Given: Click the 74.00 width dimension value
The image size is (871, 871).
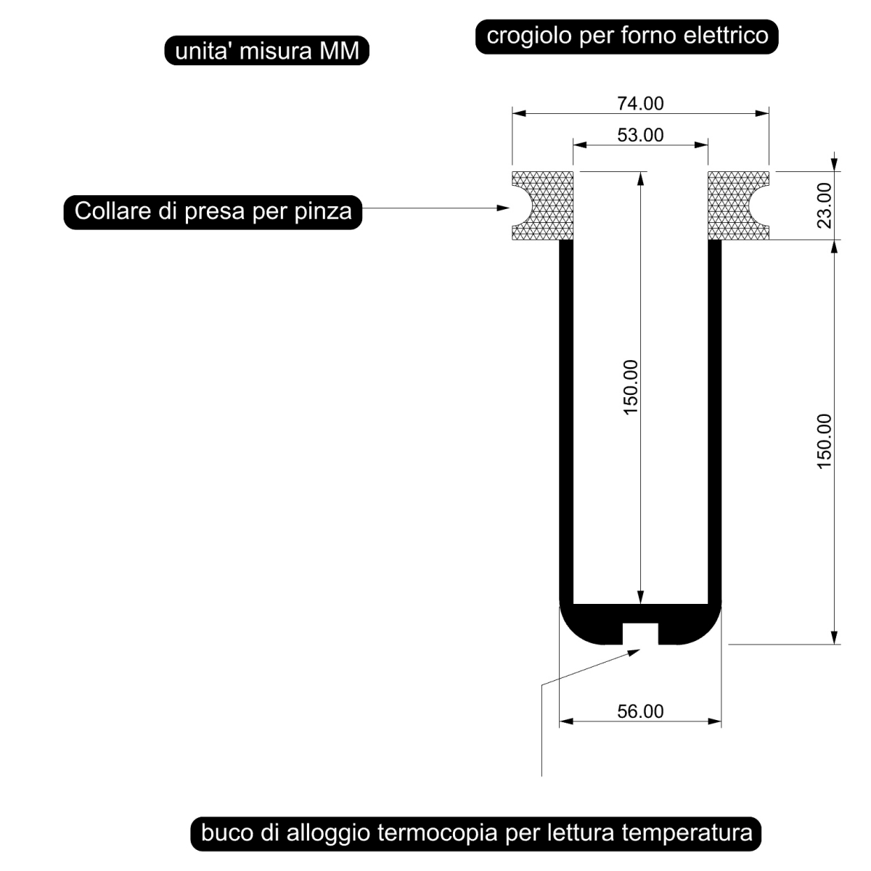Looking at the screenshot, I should tap(640, 104).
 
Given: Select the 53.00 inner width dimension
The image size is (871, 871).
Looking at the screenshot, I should tap(640, 135).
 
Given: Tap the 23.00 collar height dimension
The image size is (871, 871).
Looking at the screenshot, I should tap(824, 205).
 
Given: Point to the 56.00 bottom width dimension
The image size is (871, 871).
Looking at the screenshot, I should tap(640, 711).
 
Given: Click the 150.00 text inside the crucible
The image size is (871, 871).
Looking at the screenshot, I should tap(630, 387).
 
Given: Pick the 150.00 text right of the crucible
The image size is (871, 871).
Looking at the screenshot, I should tap(824, 441).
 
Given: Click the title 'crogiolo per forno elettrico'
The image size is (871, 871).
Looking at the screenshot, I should tap(627, 36).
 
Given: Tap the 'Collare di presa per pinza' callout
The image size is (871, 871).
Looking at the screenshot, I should tap(213, 211).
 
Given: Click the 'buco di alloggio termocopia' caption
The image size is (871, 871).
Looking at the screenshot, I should tap(476, 833).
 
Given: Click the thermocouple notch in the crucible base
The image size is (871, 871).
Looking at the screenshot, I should tap(640, 633).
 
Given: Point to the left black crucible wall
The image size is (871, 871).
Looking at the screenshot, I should tap(566, 421).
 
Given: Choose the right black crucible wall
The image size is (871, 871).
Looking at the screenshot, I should tap(714, 421).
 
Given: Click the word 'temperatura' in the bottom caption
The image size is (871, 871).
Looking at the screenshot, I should tap(687, 833).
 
